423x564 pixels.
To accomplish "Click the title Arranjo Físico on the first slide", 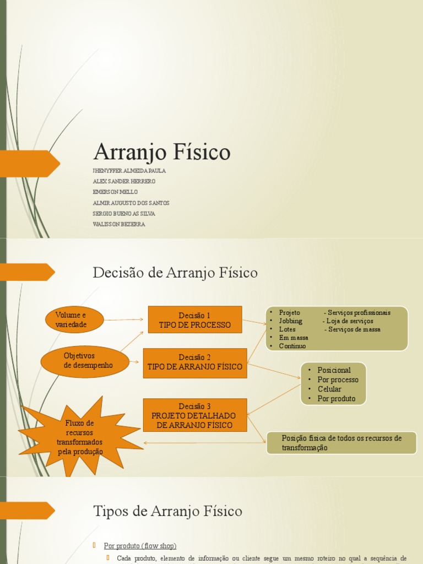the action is coord(162,152).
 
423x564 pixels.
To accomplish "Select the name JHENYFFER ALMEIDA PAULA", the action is coord(129,171).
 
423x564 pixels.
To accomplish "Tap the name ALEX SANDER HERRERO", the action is coord(124,181).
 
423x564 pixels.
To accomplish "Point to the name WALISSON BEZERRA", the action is coord(120,224).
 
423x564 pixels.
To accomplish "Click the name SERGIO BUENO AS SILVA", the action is coord(124,214).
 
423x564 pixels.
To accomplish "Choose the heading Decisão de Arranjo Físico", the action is coord(175,272).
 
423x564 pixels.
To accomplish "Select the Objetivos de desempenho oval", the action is coord(85,361).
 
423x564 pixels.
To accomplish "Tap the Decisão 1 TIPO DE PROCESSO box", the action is coord(195,320).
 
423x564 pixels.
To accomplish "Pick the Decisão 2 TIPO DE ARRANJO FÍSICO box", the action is coord(195,362).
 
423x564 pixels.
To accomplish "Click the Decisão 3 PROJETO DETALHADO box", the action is coord(195,415).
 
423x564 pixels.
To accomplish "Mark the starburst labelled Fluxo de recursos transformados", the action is coord(80,437).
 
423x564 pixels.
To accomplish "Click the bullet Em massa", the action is coord(294,338).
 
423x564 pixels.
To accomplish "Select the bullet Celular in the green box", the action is coord(329,389).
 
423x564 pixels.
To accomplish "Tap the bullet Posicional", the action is coord(334,370).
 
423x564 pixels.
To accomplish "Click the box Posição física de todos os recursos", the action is coord(341,443).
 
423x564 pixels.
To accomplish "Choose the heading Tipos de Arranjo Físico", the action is coord(167,511).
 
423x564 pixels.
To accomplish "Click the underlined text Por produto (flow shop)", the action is coord(140,546).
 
